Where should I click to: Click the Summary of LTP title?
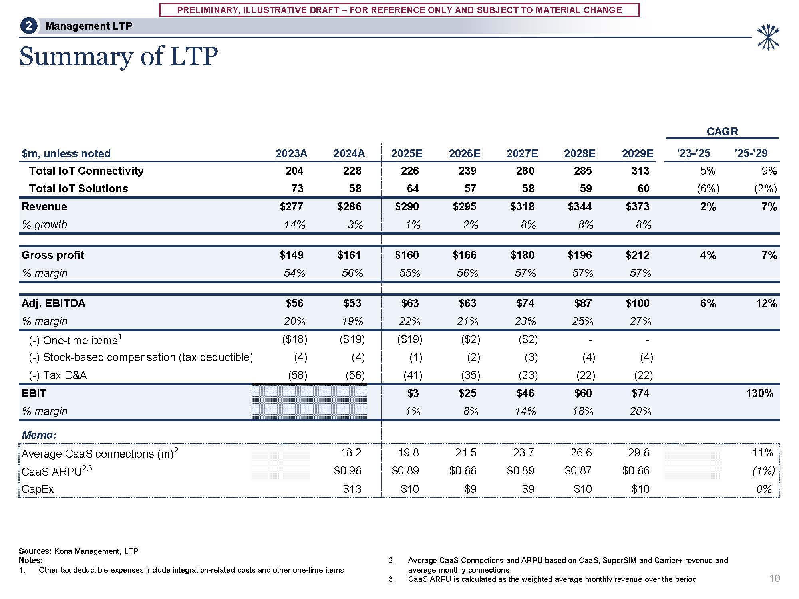tap(118, 56)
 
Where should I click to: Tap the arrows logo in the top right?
tap(768, 37)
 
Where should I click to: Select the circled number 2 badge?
tap(28, 26)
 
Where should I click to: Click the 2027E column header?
tap(522, 154)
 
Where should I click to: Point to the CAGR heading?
tap(722, 131)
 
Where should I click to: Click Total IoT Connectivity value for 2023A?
tap(294, 171)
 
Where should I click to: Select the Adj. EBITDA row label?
tap(54, 303)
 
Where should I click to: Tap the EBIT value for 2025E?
tap(413, 393)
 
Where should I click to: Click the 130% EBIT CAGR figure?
tap(759, 393)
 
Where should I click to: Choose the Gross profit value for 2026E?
tap(465, 255)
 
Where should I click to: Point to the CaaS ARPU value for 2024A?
tap(348, 471)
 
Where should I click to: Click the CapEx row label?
tap(38, 489)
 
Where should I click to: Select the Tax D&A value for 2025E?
tap(410, 375)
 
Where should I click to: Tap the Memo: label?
tap(39, 435)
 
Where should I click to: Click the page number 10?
tap(774, 579)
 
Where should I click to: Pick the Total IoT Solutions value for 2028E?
tap(586, 189)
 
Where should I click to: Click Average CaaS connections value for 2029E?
tap(638, 453)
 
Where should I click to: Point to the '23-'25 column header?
tap(693, 153)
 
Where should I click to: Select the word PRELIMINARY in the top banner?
tap(205, 10)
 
